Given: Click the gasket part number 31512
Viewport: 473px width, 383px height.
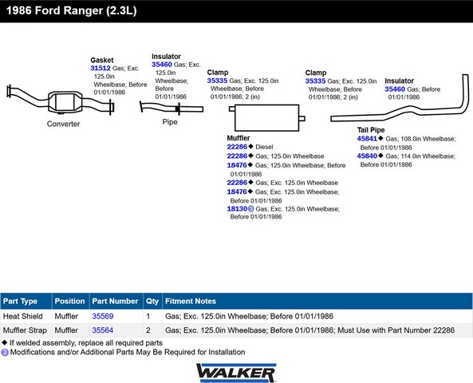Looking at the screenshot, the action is point(101,68).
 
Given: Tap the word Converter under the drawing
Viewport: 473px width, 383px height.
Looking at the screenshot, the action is point(63,124).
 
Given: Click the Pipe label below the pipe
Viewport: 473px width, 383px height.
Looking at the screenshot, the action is point(170,122).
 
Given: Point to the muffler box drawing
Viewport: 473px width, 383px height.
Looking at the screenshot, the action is point(267,118).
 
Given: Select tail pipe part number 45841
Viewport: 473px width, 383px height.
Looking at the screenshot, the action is point(367,139).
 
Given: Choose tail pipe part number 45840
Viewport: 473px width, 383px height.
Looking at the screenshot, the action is point(367,156).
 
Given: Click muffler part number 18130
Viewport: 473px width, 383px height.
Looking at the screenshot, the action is point(237,209).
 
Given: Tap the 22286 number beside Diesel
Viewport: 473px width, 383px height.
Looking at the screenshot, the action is point(237,147).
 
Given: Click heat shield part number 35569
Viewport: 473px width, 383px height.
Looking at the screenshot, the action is point(103,316).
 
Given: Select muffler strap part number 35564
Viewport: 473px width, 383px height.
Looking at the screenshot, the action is point(103,330).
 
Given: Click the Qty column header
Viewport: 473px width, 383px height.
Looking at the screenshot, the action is point(152,301).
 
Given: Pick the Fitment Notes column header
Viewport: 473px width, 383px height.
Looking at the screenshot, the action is point(191,301).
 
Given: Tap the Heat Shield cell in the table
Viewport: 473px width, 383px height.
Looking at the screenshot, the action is point(23,316).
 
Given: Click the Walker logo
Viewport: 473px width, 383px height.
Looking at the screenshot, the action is point(236,373).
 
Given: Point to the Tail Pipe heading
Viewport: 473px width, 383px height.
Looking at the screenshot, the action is point(371,130).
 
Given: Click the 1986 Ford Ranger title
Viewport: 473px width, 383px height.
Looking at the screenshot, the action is point(72,10).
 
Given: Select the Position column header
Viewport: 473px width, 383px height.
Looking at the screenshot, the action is point(69,301).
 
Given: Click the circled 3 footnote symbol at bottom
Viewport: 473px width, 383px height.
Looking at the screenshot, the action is point(5,352).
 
